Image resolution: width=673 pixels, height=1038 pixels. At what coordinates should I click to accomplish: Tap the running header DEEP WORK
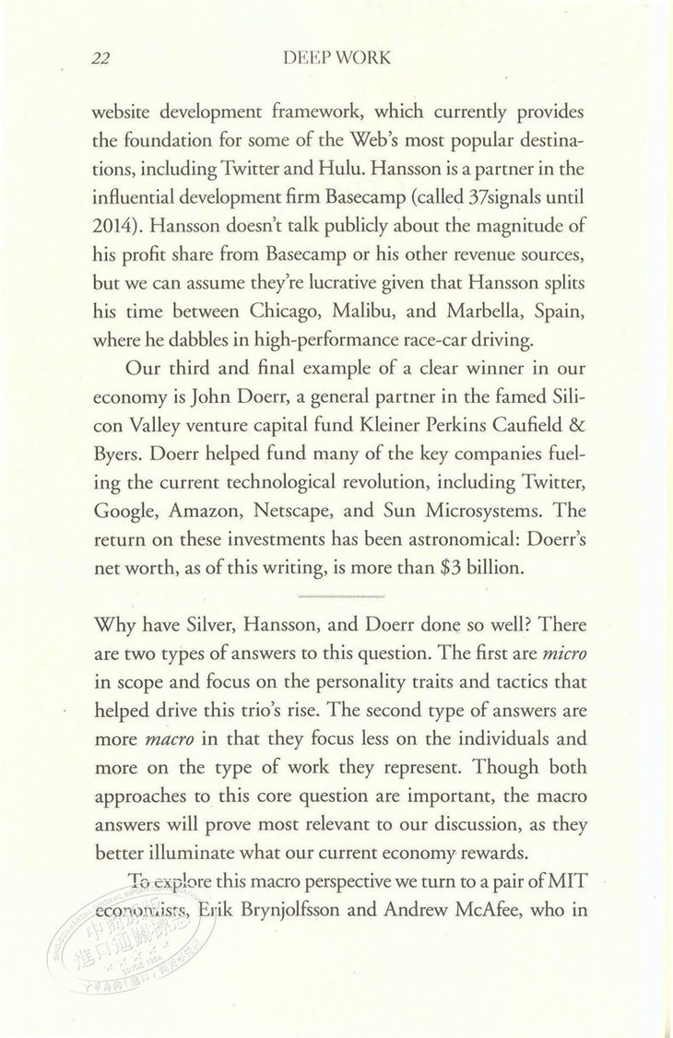pyautogui.click(x=339, y=58)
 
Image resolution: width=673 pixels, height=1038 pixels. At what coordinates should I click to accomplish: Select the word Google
pyautogui.click(x=126, y=510)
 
